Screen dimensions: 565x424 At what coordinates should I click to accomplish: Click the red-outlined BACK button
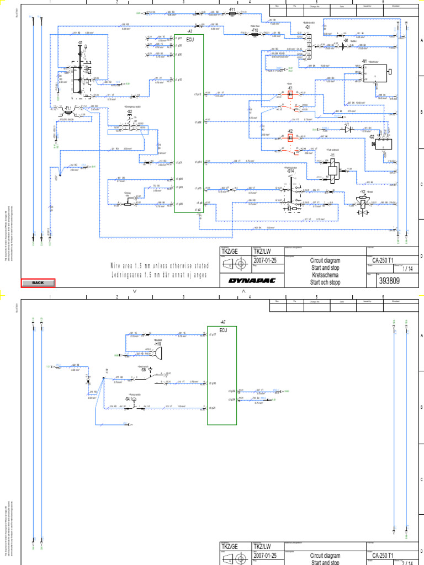[x=38, y=282]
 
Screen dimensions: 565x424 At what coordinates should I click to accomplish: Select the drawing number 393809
[x=389, y=281]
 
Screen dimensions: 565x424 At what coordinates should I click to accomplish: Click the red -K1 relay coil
[x=290, y=94]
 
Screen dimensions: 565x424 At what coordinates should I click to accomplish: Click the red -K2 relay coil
[x=290, y=137]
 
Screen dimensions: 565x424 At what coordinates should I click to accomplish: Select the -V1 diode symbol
[x=347, y=131]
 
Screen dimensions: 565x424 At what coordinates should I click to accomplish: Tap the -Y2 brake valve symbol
[x=362, y=202]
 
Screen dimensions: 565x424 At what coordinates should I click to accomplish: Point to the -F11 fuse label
[x=232, y=10]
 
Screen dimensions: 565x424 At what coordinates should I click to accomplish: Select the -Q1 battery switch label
[x=308, y=26]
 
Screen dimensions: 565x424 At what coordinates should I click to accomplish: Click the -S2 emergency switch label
[x=130, y=112]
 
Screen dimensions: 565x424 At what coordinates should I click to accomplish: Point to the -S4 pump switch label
[x=128, y=398]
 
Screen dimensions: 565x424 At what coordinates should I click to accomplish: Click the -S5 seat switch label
[x=143, y=370]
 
